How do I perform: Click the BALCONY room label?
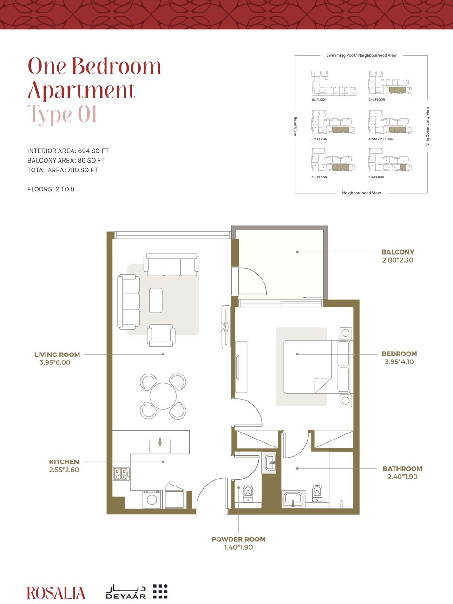(x=397, y=252)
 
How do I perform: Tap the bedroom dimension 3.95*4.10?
(x=399, y=361)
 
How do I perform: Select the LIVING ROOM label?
(x=57, y=355)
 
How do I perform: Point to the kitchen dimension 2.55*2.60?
(x=64, y=470)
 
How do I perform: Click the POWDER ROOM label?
(x=238, y=539)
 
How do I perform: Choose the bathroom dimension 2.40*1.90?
(x=402, y=477)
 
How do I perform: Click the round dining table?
(x=163, y=396)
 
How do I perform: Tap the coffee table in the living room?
(x=156, y=300)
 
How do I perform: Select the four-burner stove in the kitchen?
(x=121, y=474)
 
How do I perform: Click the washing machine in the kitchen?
(x=152, y=499)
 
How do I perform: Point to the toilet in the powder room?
(x=248, y=493)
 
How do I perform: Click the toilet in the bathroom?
(x=317, y=492)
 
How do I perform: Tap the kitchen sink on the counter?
(x=160, y=445)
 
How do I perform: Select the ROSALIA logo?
(x=56, y=593)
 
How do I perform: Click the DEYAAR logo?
(x=137, y=591)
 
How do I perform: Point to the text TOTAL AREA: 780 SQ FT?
(x=63, y=170)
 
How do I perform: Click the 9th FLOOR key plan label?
(x=376, y=177)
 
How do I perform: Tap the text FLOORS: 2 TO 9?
(x=51, y=190)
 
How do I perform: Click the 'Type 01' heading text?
(x=62, y=114)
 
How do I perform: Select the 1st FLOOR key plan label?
(x=319, y=100)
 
